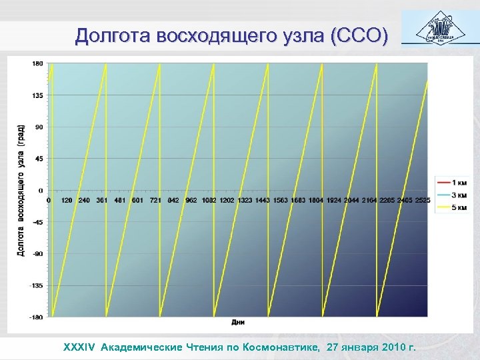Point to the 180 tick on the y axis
37,63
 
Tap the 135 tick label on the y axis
37,95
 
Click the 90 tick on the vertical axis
39,127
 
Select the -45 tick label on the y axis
37,222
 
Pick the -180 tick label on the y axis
36,317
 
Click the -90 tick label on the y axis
37,253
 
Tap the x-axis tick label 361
102,200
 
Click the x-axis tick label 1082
209,200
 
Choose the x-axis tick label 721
155,200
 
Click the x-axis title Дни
238,323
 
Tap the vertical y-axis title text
21,190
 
